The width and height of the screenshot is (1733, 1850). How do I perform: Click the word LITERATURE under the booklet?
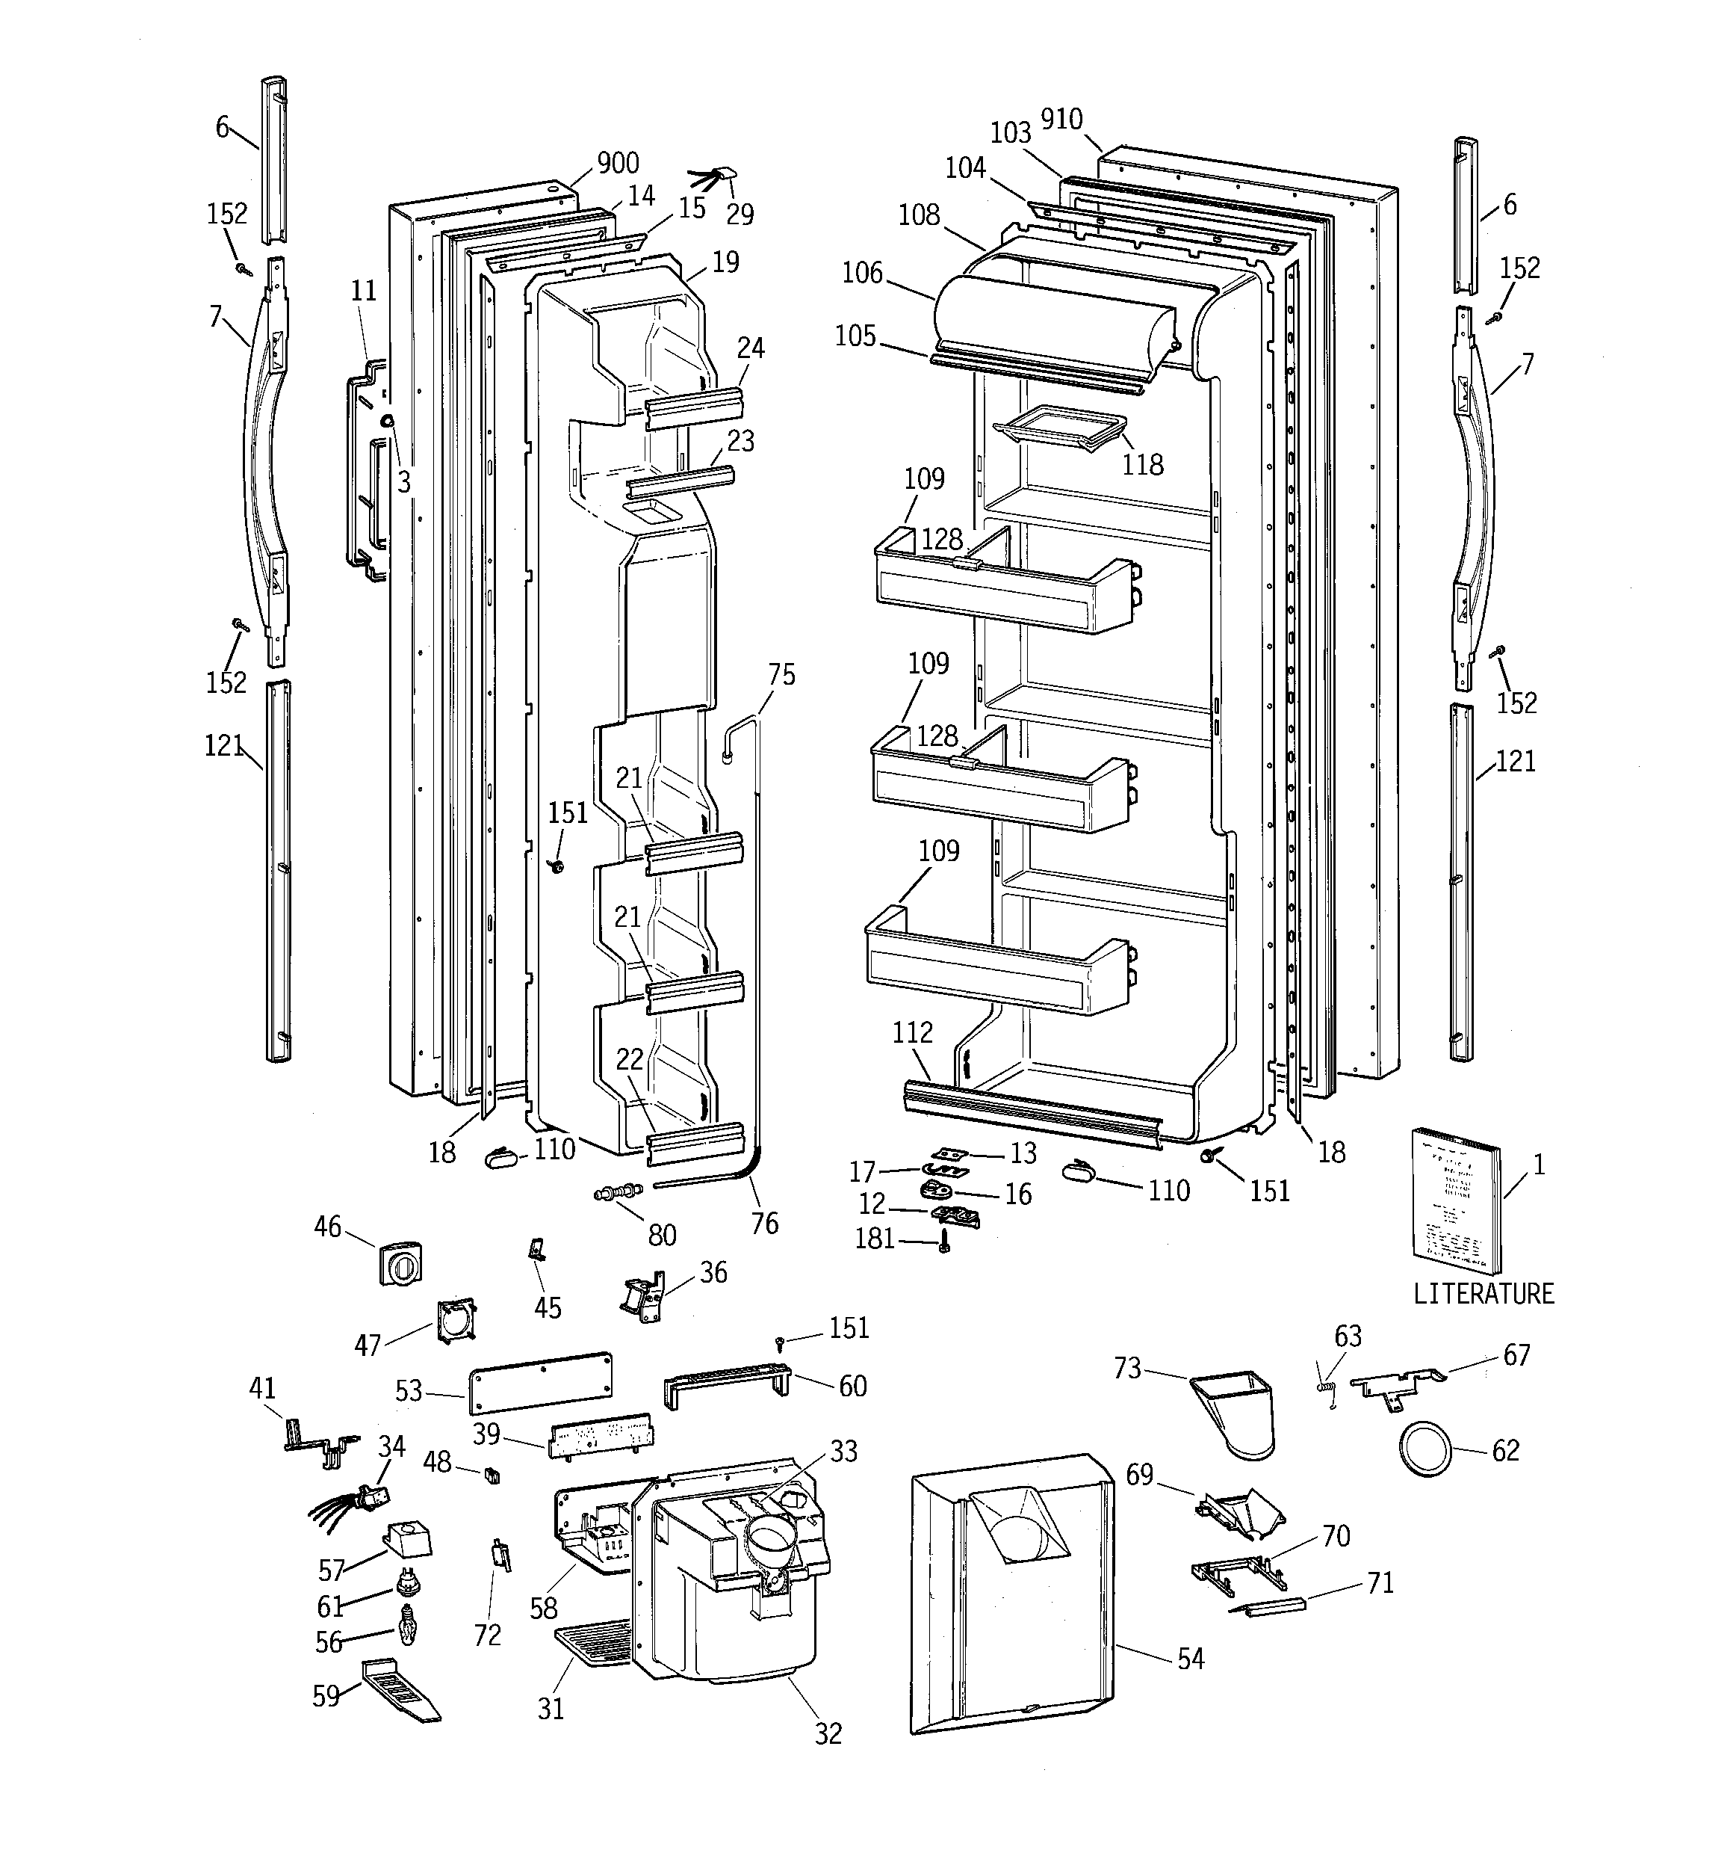point(1483,1294)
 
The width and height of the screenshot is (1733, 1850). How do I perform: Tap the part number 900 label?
point(618,163)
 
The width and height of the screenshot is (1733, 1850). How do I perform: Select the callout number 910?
point(1061,119)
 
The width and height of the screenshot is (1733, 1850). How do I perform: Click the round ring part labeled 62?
point(1423,1449)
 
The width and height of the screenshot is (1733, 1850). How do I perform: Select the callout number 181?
point(875,1239)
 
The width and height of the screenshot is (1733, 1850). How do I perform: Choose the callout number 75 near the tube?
point(781,675)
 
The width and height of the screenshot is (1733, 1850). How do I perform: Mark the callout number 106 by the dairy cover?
point(861,273)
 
